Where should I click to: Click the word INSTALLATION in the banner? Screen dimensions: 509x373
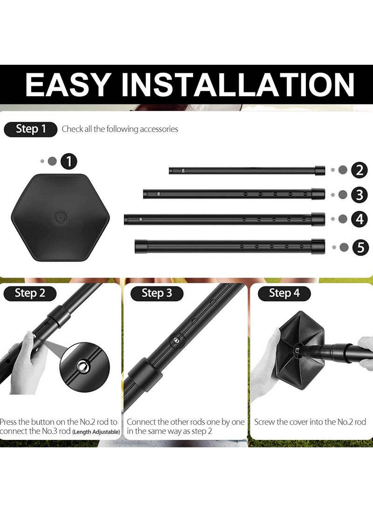238,84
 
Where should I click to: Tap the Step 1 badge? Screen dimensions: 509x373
31,129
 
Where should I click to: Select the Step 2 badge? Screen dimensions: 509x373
30,293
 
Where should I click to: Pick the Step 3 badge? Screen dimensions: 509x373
157,293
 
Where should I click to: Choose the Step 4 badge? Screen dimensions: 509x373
284,293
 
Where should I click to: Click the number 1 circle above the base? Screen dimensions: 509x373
69,161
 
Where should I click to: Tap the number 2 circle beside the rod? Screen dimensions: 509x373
359,170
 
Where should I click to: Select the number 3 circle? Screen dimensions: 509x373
359,195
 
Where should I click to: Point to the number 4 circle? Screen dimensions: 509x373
359,219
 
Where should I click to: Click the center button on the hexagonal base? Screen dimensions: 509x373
60,217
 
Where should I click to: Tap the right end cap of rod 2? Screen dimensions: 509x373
320,170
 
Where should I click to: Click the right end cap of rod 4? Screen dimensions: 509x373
318,218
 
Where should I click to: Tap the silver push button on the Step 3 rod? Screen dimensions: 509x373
177,341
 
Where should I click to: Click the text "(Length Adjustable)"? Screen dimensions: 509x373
96,432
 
